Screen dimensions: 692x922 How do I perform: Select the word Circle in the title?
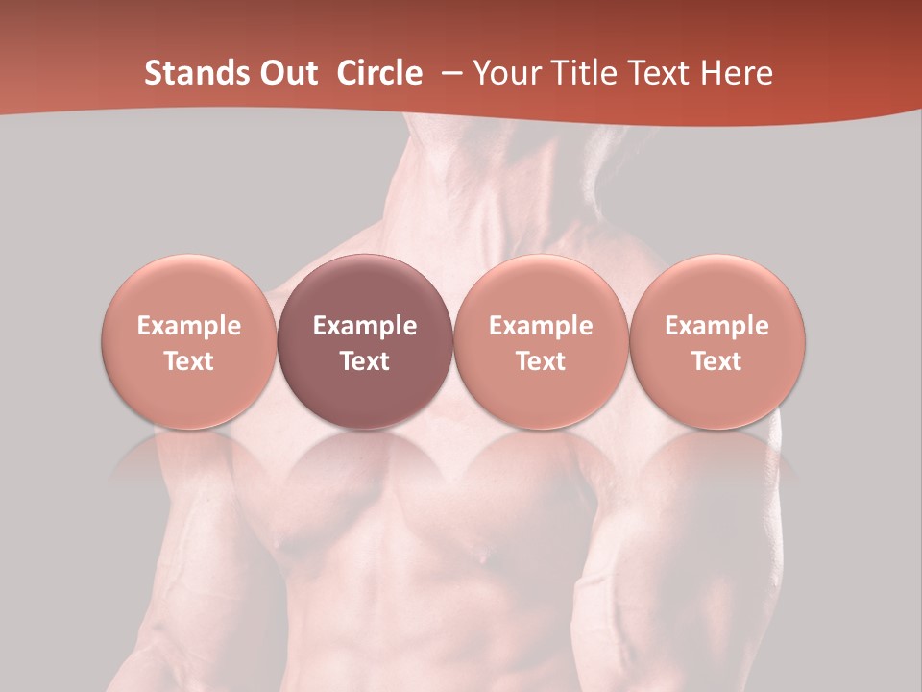379,73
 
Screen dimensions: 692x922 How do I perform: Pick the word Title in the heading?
583,73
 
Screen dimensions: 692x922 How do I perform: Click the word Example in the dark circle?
365,326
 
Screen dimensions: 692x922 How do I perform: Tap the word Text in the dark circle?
365,361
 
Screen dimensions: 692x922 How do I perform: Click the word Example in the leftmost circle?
189,326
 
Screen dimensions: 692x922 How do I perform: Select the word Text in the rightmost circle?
717,361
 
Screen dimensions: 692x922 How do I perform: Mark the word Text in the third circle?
541,361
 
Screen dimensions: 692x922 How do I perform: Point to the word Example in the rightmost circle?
717,326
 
